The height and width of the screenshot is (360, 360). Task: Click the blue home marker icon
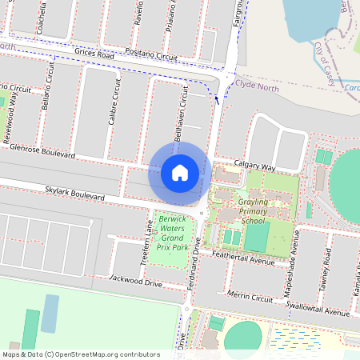pyautogui.click(x=179, y=172)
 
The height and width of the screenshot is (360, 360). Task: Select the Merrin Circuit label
pyautogui.click(x=250, y=296)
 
